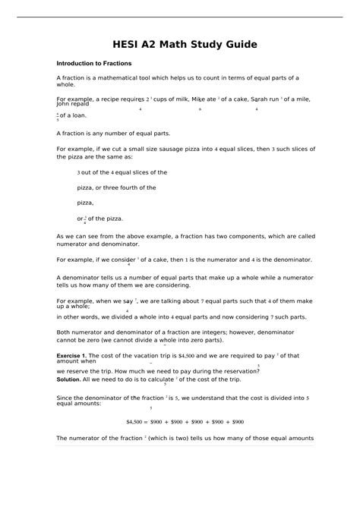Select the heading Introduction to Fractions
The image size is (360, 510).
click(93, 63)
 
